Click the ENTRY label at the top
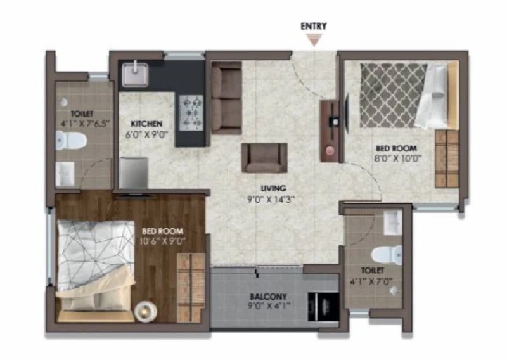point(313,26)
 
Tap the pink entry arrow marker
point(314,41)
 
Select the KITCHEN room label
point(146,124)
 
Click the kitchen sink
point(135,75)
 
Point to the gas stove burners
point(191,113)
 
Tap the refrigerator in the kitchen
point(134,173)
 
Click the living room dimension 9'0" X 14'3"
point(271,199)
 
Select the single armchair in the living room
point(264,158)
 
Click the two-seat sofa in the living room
point(226,98)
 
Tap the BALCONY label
point(268,296)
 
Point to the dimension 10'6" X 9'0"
point(163,241)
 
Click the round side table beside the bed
point(146,311)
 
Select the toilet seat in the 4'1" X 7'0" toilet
point(387,254)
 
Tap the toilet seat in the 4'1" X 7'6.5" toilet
point(71,140)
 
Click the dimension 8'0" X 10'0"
point(399,158)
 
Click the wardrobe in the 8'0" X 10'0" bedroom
point(447,158)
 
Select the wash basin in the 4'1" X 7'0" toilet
point(393,222)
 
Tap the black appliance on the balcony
point(323,307)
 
